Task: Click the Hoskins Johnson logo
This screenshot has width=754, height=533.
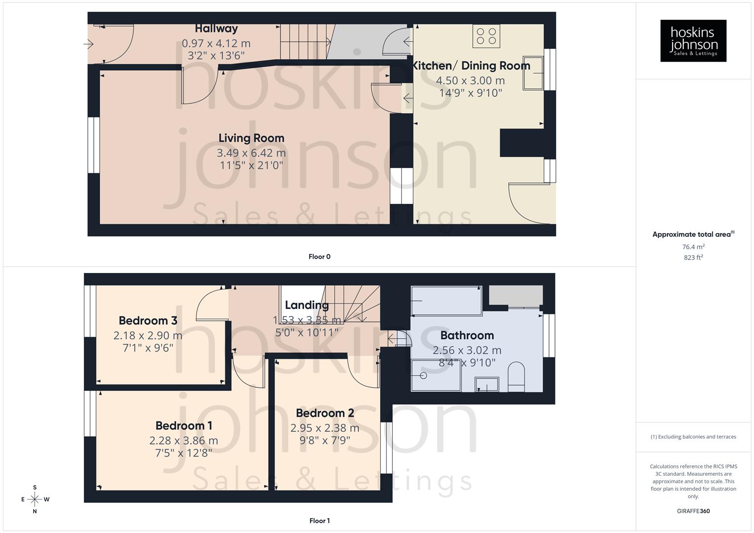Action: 693,41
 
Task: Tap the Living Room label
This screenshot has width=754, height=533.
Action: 251,138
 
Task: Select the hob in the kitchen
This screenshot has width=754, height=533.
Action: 486,36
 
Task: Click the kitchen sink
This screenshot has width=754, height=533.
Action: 533,74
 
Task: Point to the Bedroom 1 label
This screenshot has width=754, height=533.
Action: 184,425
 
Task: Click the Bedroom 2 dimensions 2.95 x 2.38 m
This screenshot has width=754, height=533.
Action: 324,428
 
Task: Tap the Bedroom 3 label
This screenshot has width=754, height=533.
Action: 148,321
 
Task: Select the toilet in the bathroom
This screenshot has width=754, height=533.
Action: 516,377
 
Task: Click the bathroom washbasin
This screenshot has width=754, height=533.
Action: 487,384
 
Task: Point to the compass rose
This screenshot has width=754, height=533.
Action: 35,499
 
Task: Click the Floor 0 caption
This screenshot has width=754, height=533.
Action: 319,257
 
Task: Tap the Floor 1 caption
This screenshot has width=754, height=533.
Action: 319,521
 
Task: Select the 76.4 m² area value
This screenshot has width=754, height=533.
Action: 693,247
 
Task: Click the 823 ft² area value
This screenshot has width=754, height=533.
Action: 693,258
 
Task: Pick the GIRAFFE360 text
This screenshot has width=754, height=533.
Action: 693,511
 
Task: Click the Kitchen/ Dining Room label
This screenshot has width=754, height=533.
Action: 471,66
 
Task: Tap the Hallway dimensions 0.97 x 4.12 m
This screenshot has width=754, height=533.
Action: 216,43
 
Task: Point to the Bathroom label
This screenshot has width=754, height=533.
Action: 467,336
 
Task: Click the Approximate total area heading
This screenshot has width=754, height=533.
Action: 693,234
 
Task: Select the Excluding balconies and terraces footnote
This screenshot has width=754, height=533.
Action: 693,437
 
